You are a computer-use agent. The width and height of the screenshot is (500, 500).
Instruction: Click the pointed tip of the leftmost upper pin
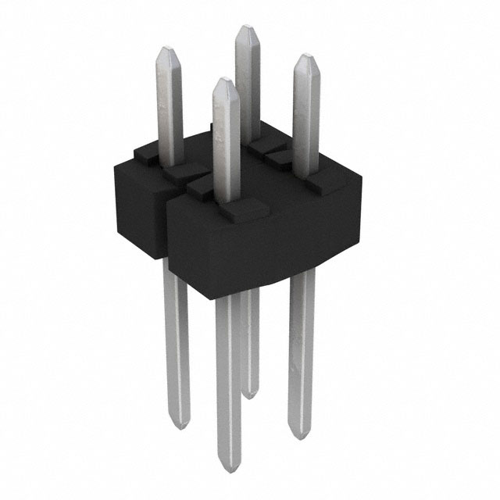click(x=168, y=48)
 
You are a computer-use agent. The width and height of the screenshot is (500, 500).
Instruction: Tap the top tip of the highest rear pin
click(x=247, y=27)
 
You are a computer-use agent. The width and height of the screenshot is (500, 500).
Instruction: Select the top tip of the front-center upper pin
click(x=223, y=80)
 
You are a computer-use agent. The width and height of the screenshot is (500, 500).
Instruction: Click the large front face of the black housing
click(x=258, y=250)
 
